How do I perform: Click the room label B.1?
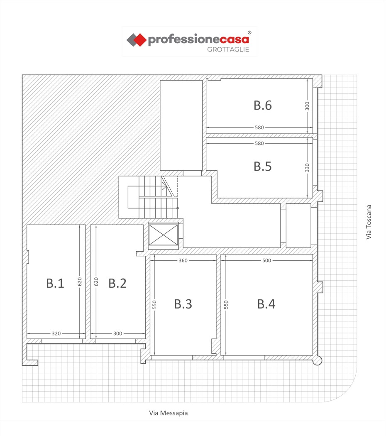click(55, 283)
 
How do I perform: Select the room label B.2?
click(117, 283)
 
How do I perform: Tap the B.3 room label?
click(183, 304)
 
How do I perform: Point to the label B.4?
click(266, 304)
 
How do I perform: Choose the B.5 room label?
click(262, 166)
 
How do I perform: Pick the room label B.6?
click(262, 105)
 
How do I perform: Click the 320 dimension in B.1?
click(56, 333)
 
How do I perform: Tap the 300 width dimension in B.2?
click(117, 333)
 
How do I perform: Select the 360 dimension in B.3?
click(183, 260)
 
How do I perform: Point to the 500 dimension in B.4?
click(266, 260)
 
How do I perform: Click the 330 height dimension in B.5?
click(307, 168)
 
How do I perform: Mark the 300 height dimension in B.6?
click(307, 106)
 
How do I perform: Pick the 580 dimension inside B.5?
click(259, 144)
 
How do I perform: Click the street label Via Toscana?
click(369, 222)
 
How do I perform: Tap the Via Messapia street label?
click(169, 413)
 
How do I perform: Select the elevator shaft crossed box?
click(164, 235)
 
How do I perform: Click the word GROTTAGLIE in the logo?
click(228, 49)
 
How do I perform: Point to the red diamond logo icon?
click(139, 40)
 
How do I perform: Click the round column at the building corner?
click(317, 360)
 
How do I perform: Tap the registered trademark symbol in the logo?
click(249, 32)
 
